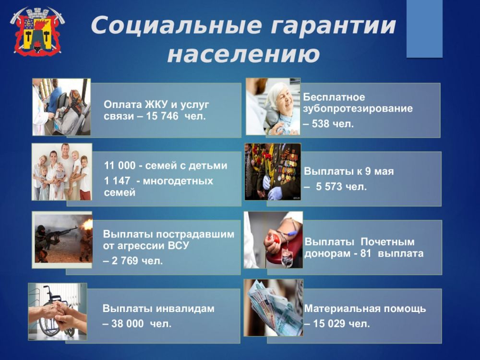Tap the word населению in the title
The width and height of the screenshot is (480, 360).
tap(243, 54)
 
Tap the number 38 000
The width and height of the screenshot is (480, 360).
tap(127, 324)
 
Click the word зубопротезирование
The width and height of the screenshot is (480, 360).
tap(358, 108)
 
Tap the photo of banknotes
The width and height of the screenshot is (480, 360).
tap(273, 307)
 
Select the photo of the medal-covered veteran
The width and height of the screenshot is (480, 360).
tap(273, 171)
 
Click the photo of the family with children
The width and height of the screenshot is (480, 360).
tap(61, 171)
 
